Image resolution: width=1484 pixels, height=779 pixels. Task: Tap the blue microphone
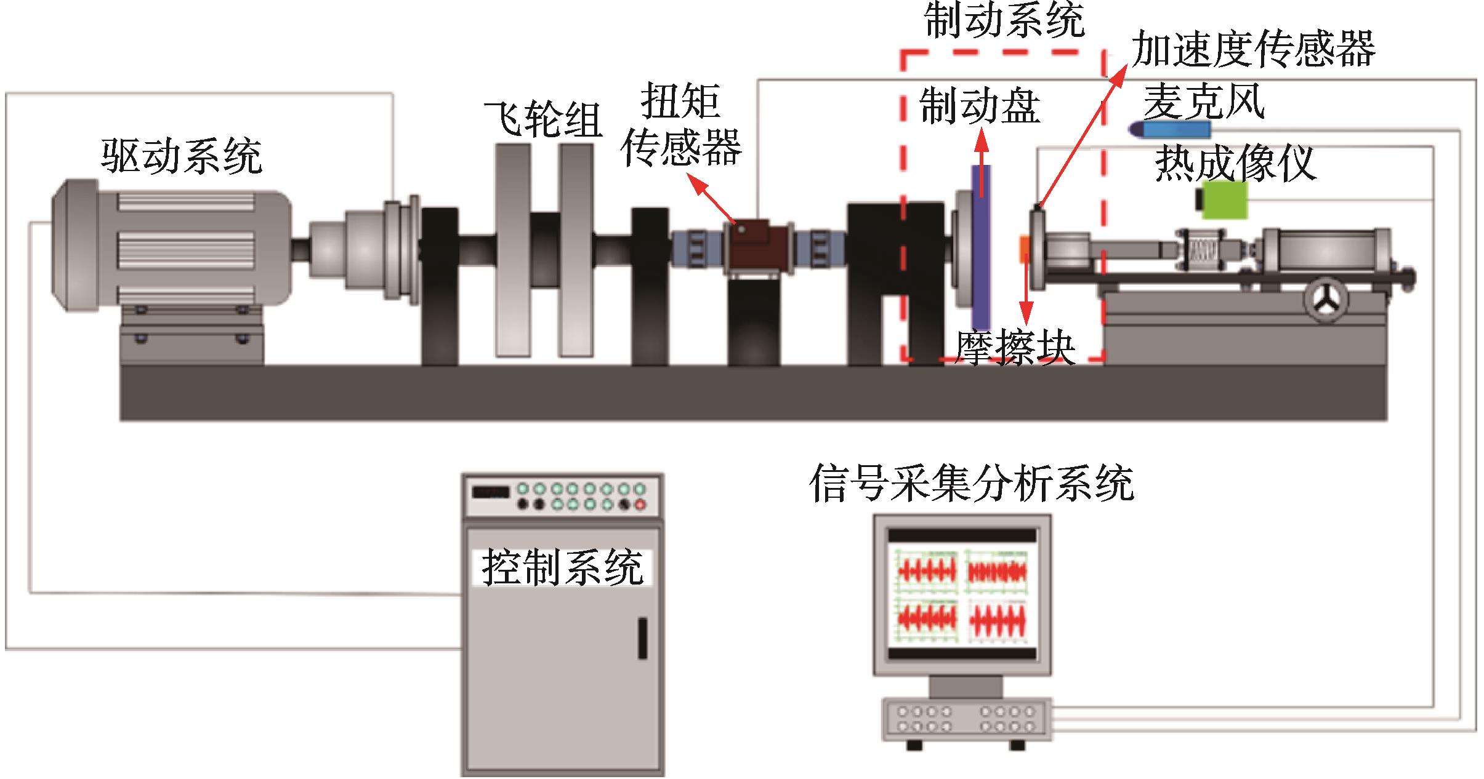coord(1170,129)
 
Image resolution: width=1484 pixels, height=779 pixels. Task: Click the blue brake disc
coord(981,246)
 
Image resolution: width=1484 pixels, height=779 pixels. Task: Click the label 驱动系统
coord(182,156)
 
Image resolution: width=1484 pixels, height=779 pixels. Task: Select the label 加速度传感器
coord(1254,49)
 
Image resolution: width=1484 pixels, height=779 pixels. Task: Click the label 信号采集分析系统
coord(971,484)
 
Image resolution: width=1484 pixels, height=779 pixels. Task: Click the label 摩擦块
coord(1015,350)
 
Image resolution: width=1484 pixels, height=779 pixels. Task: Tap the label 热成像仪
coord(1235,164)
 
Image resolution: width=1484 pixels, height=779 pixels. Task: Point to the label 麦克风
coord(1204,102)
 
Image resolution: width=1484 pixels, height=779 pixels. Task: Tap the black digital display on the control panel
coord(490,492)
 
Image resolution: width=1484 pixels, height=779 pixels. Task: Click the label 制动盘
coord(980,106)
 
